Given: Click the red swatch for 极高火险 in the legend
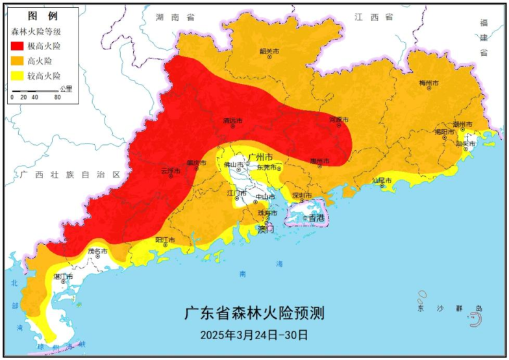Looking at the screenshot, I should pyautogui.click(x=18, y=46).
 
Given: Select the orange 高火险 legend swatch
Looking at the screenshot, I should pyautogui.click(x=18, y=61).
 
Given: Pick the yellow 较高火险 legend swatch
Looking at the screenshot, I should pyautogui.click(x=18, y=76).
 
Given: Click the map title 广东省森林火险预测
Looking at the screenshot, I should pyautogui.click(x=254, y=313).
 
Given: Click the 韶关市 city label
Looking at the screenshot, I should pyautogui.click(x=269, y=51).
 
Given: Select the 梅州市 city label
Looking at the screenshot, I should pyautogui.click(x=429, y=84).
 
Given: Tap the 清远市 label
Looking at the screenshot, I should pyautogui.click(x=232, y=121).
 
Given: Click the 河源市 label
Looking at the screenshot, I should pyautogui.click(x=339, y=120).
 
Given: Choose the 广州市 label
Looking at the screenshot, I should pyautogui.click(x=261, y=157).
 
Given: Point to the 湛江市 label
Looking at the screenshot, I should pyautogui.click(x=63, y=277).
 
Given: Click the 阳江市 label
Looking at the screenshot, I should pyautogui.click(x=166, y=240).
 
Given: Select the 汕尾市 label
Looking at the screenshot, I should pyautogui.click(x=382, y=180).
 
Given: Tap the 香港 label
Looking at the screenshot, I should pyautogui.click(x=316, y=218).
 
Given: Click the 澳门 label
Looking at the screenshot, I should pyautogui.click(x=266, y=229).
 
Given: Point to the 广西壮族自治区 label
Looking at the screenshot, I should pyautogui.click(x=70, y=175).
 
